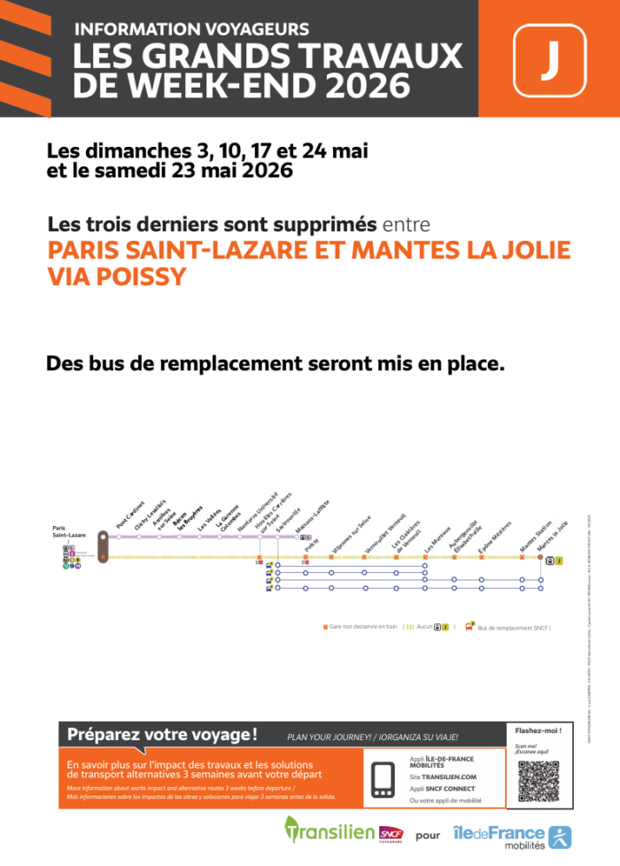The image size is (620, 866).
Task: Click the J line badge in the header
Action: click(x=549, y=59)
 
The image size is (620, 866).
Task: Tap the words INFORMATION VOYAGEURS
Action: click(x=191, y=29)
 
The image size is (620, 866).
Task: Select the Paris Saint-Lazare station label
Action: click(x=69, y=533)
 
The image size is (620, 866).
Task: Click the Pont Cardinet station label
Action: click(x=130, y=514)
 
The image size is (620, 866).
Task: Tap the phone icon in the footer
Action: click(x=384, y=778)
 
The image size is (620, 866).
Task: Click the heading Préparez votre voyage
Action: click(x=163, y=734)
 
